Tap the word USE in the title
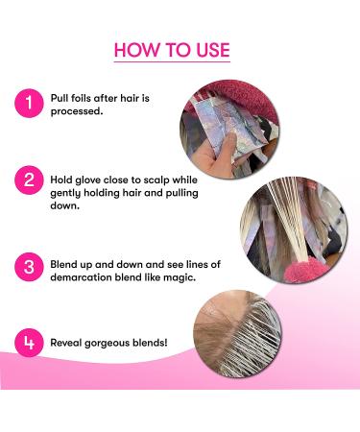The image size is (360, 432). (x=209, y=49)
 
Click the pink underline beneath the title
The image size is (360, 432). (x=172, y=63)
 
